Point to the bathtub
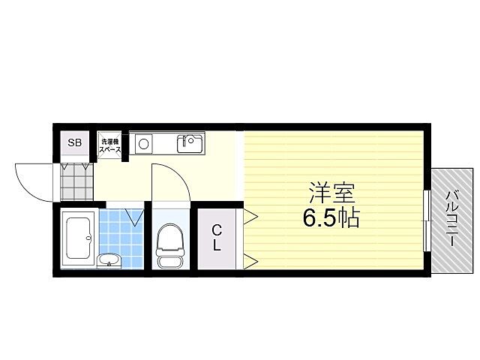77,236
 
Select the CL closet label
216,237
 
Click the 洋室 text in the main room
331,192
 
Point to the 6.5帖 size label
331,219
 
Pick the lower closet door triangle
250,261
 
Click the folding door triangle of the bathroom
136,217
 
